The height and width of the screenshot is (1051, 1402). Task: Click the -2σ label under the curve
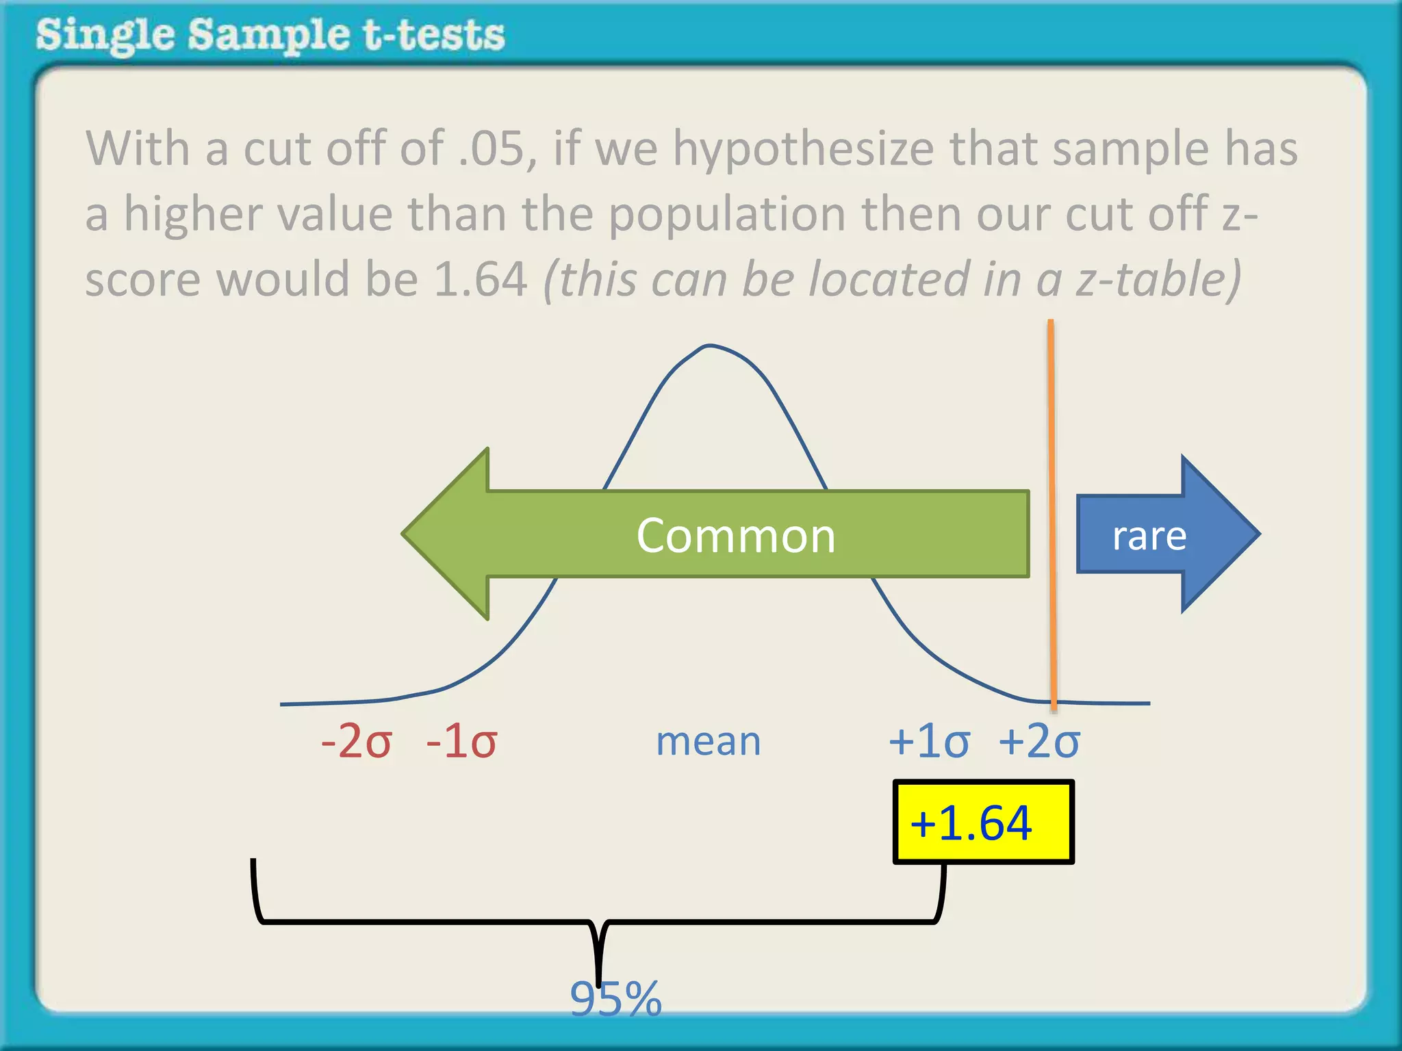point(356,741)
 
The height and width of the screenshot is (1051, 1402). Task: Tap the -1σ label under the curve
point(461,741)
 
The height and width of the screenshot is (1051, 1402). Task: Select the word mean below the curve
point(708,741)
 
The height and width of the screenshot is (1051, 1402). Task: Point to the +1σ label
point(929,741)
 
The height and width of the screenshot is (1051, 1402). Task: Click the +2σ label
point(1039,741)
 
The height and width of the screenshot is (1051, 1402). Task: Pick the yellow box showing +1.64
point(983,822)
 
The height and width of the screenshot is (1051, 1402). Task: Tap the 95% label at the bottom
point(615,998)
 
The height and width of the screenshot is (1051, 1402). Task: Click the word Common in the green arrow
point(736,535)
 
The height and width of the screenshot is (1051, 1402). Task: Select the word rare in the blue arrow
point(1149,535)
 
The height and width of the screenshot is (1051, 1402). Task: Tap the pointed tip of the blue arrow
point(1258,534)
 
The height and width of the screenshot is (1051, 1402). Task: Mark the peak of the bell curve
point(709,346)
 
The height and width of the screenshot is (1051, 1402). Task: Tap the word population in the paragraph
point(727,214)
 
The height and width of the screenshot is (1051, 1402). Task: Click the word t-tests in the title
point(434,36)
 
